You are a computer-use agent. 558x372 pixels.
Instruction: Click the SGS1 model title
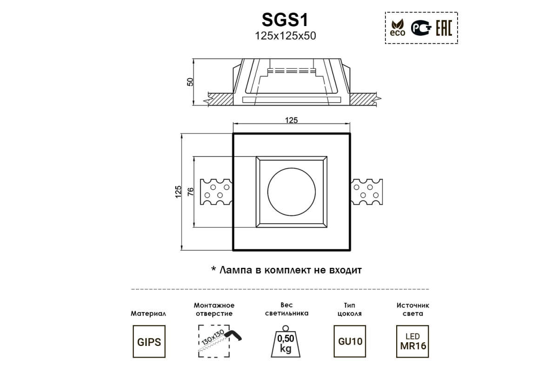click(x=285, y=20)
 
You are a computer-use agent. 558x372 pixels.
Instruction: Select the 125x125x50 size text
click(x=285, y=36)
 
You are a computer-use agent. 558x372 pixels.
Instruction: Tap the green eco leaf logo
click(x=398, y=28)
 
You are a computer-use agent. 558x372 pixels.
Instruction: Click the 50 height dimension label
click(x=190, y=82)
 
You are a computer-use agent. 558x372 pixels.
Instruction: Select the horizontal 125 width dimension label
click(x=291, y=120)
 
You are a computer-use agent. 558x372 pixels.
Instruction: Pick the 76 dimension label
click(x=190, y=192)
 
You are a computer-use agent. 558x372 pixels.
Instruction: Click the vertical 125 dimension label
click(x=178, y=192)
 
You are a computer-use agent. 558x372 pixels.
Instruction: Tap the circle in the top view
click(x=291, y=192)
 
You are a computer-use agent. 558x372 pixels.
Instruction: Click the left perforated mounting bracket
click(x=216, y=192)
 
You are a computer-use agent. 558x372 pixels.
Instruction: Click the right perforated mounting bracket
click(x=367, y=192)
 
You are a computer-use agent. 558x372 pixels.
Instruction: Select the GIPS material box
click(x=149, y=342)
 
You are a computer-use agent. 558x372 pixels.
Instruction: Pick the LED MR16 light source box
click(x=413, y=342)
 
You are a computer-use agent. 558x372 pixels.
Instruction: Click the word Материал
click(x=149, y=314)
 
